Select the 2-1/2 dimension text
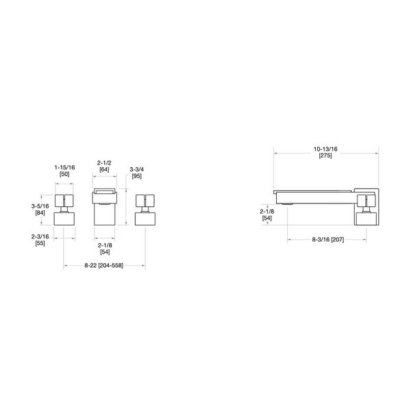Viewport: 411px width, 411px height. [105, 162]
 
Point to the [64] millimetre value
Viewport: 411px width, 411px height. [105, 169]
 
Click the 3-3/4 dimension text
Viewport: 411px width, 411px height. [137, 170]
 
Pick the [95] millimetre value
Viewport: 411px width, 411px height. [137, 177]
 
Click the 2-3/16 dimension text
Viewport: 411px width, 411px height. [40, 236]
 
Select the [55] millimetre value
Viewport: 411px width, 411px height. [40, 244]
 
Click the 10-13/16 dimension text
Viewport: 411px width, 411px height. [325, 149]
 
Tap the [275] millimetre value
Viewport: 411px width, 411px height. [325, 156]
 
